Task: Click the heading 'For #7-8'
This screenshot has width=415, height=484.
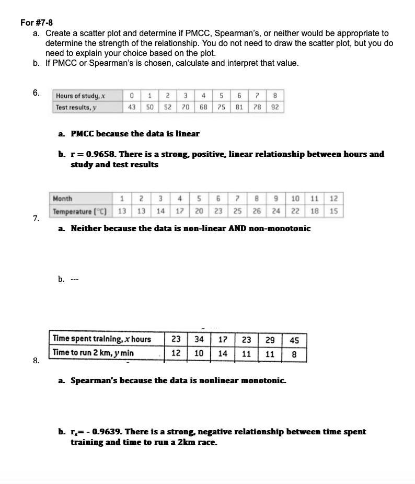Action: tap(36, 22)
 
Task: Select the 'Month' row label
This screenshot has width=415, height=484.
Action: tap(63, 199)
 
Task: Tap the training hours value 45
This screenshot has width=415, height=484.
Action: tap(294, 340)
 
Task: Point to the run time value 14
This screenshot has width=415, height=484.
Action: tap(223, 353)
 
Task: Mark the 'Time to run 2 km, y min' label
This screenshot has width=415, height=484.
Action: tap(93, 353)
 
